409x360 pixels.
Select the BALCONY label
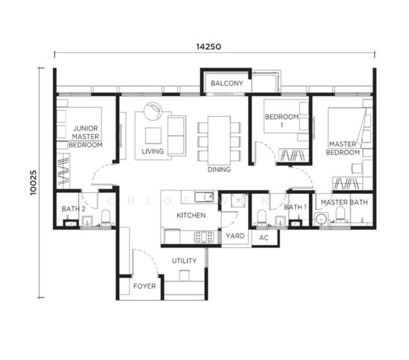coord(226,83)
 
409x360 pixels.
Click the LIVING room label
coord(153,151)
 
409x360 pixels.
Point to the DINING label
coord(219,170)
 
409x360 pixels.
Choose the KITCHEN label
coord(191,215)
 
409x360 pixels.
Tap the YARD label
coord(235,236)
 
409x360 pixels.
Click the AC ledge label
coord(264,238)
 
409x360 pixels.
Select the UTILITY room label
coord(184,262)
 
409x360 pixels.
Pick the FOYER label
coord(144,286)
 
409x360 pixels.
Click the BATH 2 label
coord(73,209)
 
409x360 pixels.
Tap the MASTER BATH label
coord(344,203)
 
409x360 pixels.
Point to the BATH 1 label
coord(295,207)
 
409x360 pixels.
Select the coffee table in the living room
coord(153,134)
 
